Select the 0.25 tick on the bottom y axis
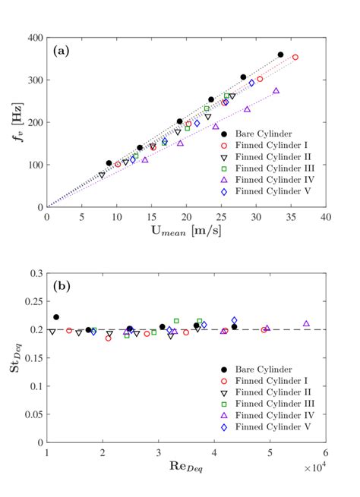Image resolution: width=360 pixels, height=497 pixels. (33, 301)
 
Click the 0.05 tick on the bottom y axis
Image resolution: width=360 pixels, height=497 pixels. (33, 414)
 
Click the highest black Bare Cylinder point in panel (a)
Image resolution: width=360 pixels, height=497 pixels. (280, 55)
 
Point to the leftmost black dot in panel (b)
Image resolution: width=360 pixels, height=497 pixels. (56, 317)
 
